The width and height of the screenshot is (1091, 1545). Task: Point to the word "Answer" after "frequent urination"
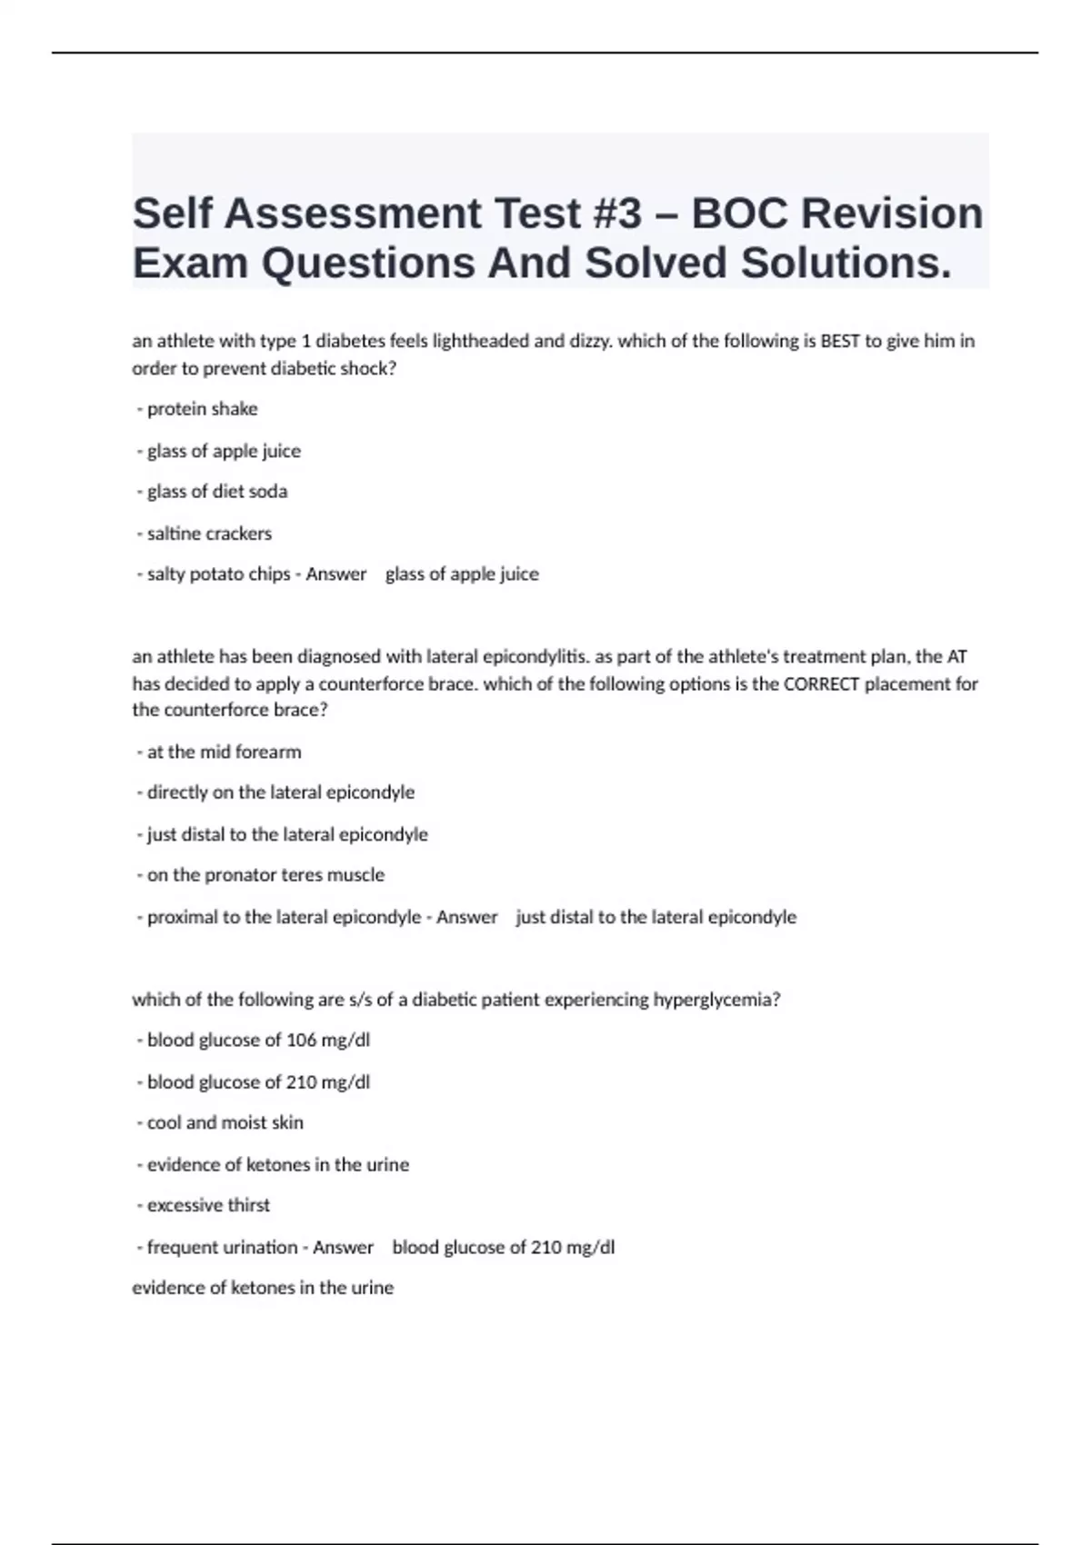pos(343,1248)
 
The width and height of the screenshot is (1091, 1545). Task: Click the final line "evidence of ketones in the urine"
pos(263,1288)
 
